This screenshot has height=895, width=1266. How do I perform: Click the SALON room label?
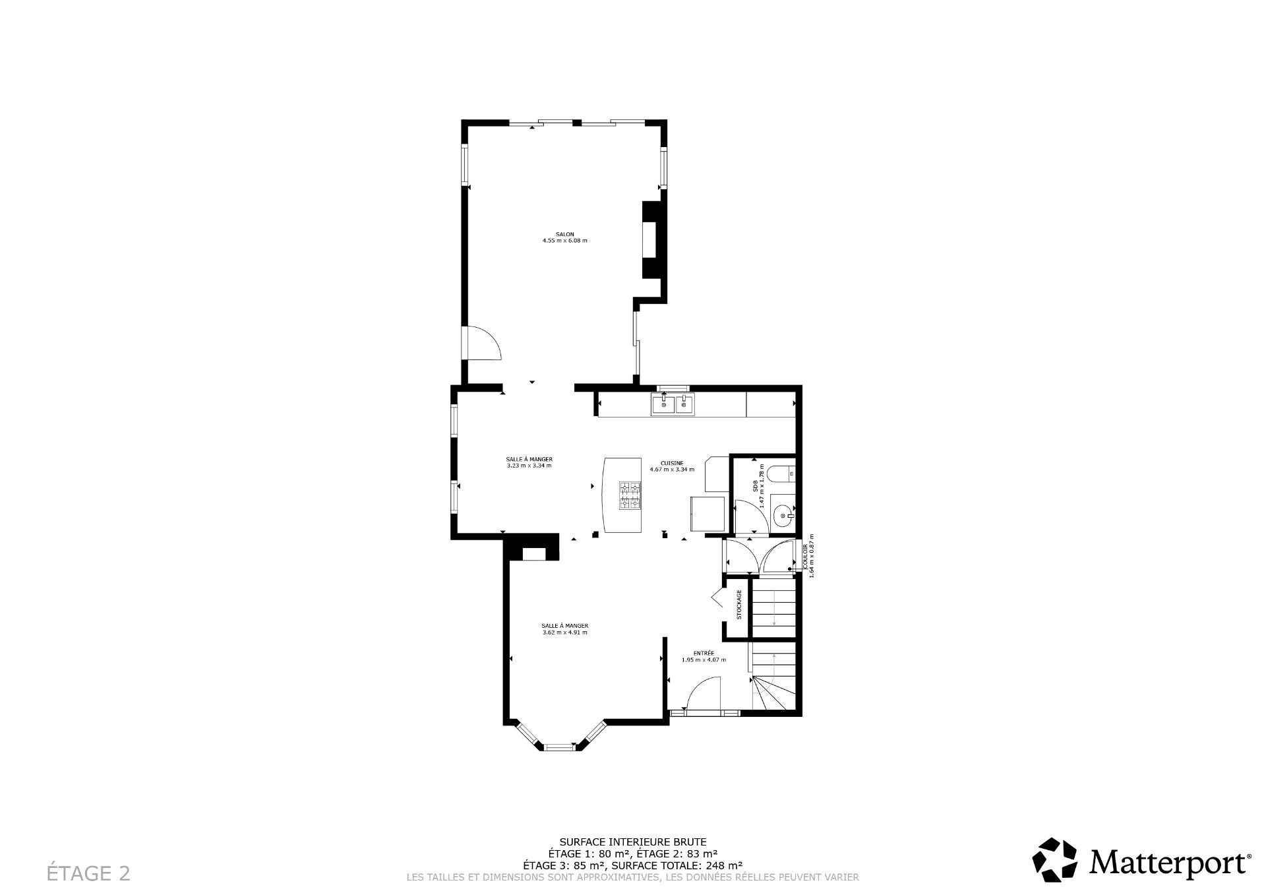pos(564,234)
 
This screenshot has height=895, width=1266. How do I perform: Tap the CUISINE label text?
pos(672,463)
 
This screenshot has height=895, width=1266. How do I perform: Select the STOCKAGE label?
pos(739,605)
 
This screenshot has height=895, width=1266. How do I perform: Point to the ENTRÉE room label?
pos(704,653)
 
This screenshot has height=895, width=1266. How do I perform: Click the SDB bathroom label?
pos(755,487)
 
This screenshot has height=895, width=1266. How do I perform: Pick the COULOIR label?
pos(805,556)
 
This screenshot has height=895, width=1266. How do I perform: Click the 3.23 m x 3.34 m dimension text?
pos(529,466)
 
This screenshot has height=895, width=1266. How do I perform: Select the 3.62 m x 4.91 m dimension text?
pos(564,633)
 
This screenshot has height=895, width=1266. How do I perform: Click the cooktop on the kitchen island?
pos(630,495)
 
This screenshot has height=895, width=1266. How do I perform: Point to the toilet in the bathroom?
pos(784,473)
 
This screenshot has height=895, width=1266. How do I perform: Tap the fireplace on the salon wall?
pos(650,239)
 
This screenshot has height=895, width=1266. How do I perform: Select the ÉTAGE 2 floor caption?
pos(88,873)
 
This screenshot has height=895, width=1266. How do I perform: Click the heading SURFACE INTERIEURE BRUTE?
pos(632,842)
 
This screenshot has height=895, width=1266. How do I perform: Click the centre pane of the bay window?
pos(559,747)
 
